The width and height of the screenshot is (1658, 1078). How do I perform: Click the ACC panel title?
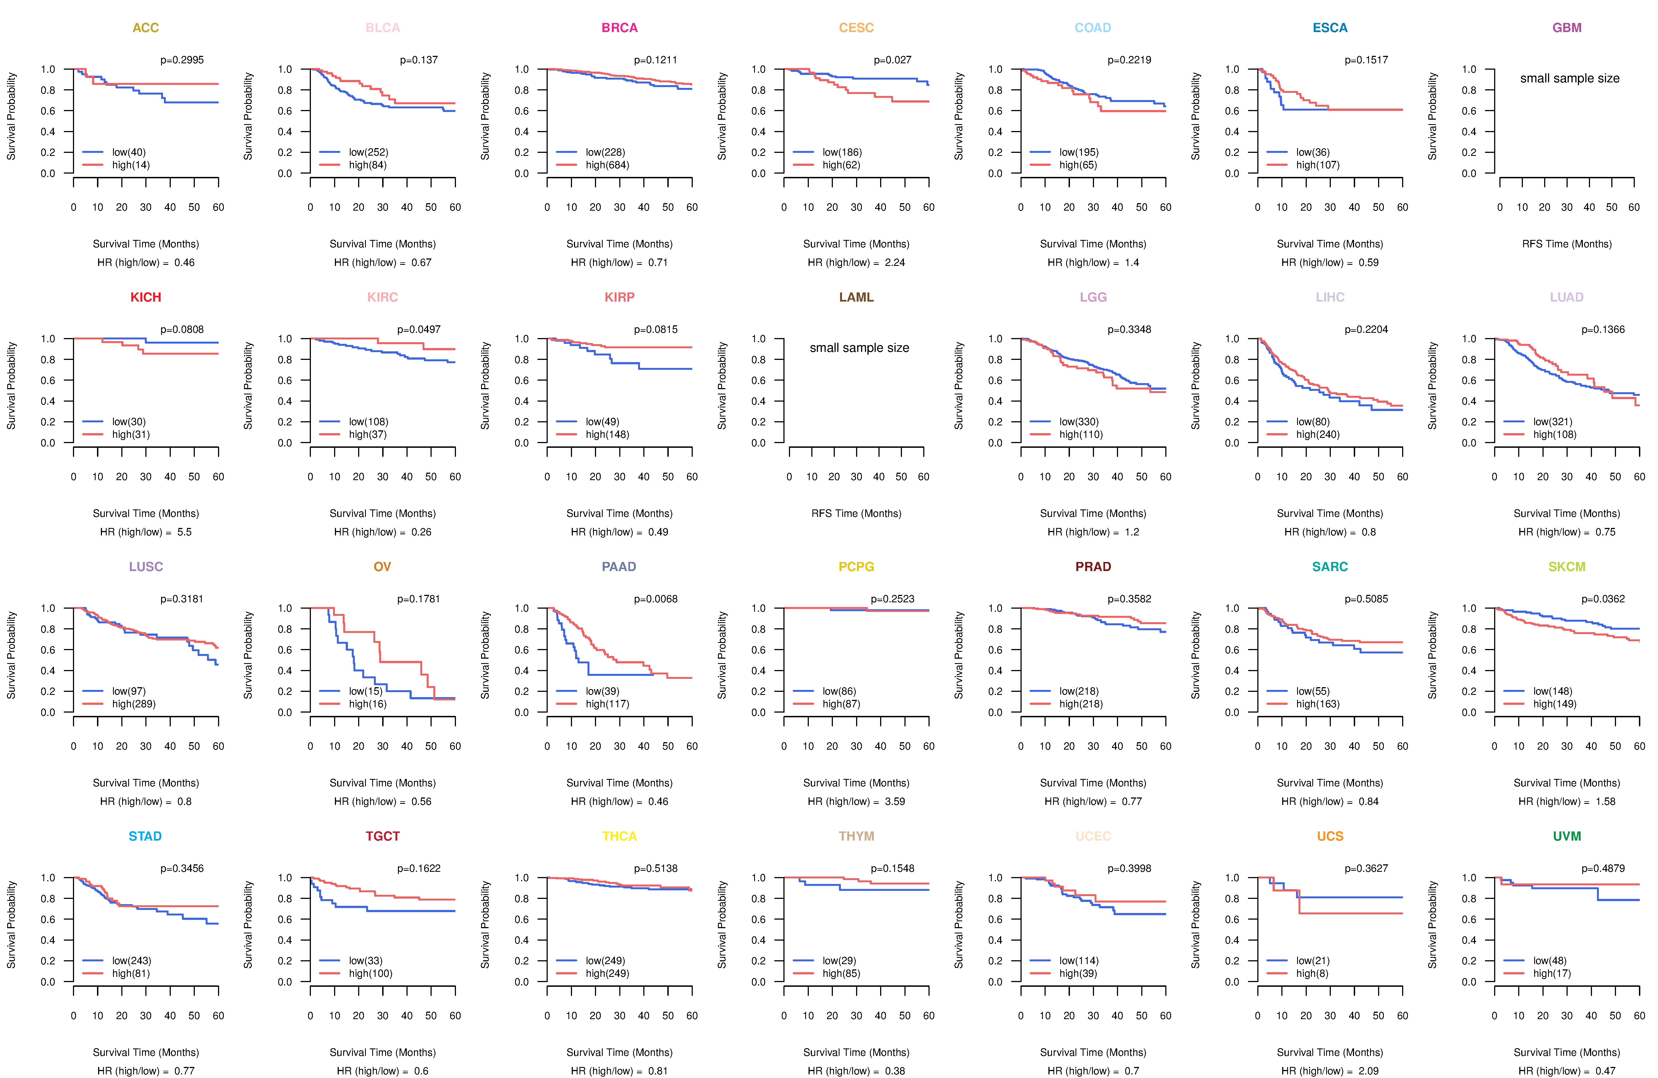pyautogui.click(x=146, y=28)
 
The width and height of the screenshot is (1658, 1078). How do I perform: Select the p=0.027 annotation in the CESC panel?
pyautogui.click(x=892, y=60)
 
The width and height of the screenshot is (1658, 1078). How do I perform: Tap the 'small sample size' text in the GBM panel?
pyautogui.click(x=1570, y=78)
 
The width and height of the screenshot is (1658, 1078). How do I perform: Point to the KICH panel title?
pyautogui.click(x=146, y=297)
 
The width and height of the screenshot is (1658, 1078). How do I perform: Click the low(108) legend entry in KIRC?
pyautogui.click(x=369, y=422)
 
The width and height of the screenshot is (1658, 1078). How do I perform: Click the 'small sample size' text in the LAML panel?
pyautogui.click(x=859, y=348)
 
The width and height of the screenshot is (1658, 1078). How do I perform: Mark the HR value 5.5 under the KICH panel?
pyautogui.click(x=185, y=532)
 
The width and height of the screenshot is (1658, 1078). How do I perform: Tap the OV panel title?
pyautogui.click(x=382, y=567)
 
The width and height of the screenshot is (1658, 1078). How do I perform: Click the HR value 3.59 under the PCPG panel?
pyautogui.click(x=895, y=801)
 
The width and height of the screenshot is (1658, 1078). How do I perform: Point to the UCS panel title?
pyautogui.click(x=1330, y=836)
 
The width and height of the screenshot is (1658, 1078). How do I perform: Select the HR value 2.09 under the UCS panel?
pyautogui.click(x=1369, y=1071)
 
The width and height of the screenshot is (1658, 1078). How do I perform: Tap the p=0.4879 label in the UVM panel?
pyautogui.click(x=1603, y=868)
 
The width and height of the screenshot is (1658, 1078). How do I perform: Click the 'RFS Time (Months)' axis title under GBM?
pyautogui.click(x=1567, y=244)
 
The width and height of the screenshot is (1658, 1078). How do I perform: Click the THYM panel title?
pyautogui.click(x=856, y=836)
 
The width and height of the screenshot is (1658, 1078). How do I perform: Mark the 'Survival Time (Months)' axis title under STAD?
pyautogui.click(x=146, y=1052)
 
